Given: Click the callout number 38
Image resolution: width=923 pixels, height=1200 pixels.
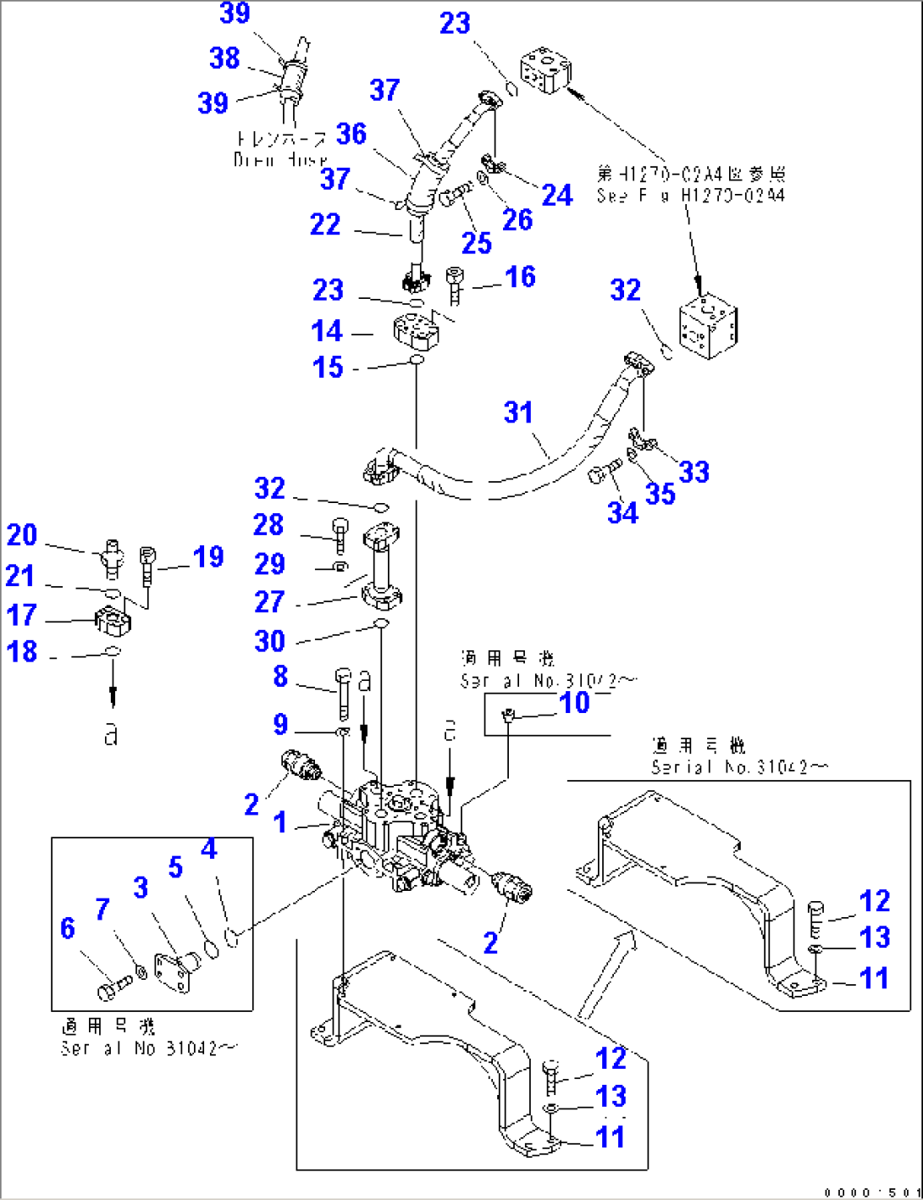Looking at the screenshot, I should (x=224, y=58).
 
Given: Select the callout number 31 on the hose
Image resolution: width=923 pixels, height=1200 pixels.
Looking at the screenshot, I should (x=518, y=412).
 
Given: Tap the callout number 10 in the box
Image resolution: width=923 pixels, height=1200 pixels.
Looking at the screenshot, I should (x=575, y=702).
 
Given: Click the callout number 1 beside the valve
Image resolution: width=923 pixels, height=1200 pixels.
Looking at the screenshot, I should (x=280, y=822).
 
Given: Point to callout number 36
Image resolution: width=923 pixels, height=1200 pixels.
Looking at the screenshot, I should (x=351, y=134).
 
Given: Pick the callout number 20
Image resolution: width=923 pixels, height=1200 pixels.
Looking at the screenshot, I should (x=22, y=535).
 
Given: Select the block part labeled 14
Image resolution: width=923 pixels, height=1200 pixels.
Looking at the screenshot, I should (x=416, y=329).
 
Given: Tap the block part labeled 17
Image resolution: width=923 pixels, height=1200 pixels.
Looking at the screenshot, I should (x=113, y=623).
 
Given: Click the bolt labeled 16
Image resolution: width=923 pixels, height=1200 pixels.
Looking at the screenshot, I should (x=456, y=284).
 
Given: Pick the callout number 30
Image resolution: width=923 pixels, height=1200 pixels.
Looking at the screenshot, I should (x=269, y=641).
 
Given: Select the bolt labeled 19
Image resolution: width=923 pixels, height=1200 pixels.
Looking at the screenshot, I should (x=148, y=561).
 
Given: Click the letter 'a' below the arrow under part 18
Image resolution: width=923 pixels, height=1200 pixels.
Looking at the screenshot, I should (x=111, y=734).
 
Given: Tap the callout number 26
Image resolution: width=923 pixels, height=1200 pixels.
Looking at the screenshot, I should (x=517, y=219).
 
